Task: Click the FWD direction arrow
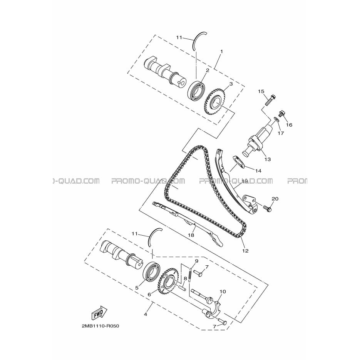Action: click(x=99, y=313)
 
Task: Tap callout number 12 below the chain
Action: click(x=245, y=251)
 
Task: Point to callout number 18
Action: click(x=191, y=235)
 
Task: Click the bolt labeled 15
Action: click(x=270, y=100)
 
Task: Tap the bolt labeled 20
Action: click(x=268, y=208)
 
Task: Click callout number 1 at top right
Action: click(x=221, y=52)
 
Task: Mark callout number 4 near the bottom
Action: click(x=145, y=314)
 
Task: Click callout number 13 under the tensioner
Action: click(x=268, y=159)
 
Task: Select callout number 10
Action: click(x=223, y=291)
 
